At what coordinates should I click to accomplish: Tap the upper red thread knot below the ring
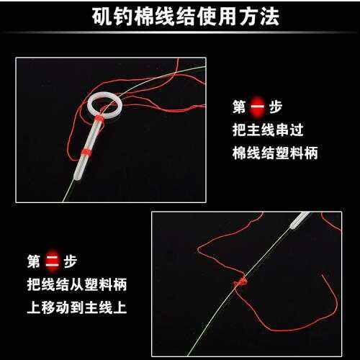pos(99,119)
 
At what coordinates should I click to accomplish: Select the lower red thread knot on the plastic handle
pos(86,152)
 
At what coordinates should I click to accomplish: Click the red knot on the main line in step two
pos(240,282)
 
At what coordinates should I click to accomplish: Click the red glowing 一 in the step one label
pos(257,107)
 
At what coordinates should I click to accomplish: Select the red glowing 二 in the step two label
pos(53,261)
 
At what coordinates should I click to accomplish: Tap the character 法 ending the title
pos(269,17)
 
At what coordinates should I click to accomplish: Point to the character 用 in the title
pos(228,17)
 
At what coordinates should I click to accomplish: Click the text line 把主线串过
pos(268,130)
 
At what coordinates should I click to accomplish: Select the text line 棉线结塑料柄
pos(275,153)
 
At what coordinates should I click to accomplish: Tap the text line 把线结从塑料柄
pos(77,284)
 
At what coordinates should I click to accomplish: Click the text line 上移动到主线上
pos(77,307)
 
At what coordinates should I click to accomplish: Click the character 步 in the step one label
pos(275,107)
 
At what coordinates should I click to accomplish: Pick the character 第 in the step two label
pos(34,261)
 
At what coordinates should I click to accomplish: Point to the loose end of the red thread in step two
pos(322,274)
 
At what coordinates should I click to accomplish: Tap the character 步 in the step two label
pos(71,261)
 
